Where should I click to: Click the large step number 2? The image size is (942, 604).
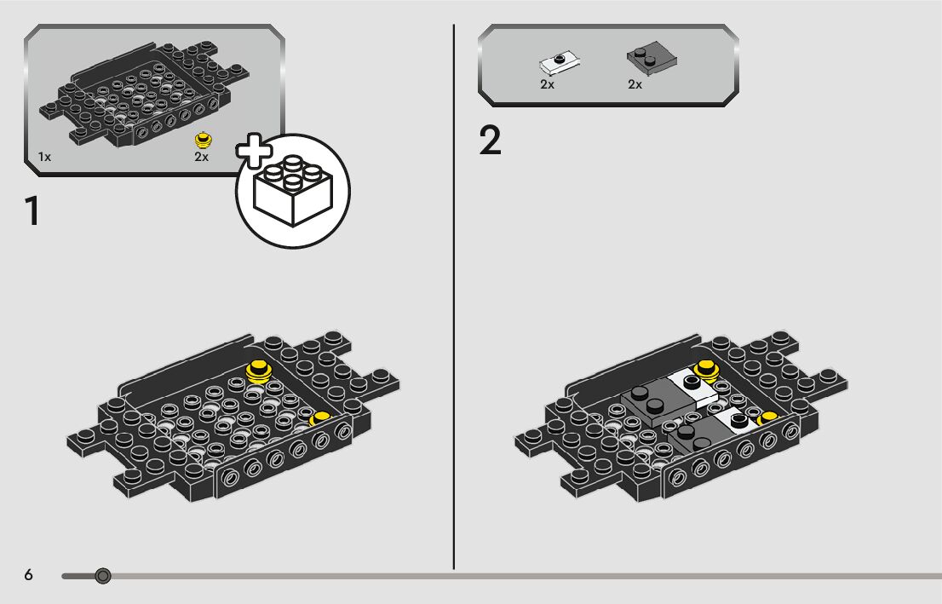point(490,141)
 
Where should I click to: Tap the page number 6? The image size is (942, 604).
point(28,574)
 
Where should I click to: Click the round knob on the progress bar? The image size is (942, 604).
point(103,577)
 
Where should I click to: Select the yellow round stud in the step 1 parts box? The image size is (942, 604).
point(203,140)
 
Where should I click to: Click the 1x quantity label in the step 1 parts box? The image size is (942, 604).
point(44,157)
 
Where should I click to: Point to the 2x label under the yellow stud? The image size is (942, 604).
point(201,157)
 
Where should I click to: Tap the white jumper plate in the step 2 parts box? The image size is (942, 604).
point(560,62)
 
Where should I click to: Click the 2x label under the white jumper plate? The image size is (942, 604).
point(547,84)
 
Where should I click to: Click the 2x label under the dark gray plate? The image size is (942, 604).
point(635,84)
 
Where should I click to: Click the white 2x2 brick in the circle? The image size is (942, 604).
point(293,191)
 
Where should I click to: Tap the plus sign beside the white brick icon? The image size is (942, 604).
point(254,150)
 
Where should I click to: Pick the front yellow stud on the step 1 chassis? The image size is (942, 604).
point(319,418)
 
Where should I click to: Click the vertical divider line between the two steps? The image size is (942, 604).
point(454,297)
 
